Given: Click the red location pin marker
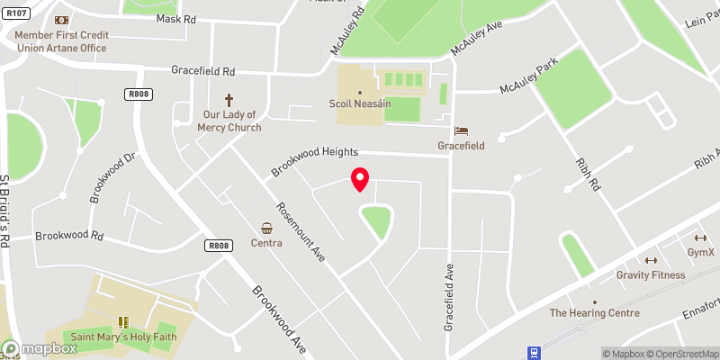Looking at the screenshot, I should click(360, 179).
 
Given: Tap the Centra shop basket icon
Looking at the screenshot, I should click(267, 229).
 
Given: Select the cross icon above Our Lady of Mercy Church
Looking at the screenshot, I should click(229, 100).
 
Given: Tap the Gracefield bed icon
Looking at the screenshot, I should click(461, 130).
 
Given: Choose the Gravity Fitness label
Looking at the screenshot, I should click(650, 274).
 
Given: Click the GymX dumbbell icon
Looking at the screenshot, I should click(698, 238).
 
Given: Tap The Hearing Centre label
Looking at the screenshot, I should click(594, 313).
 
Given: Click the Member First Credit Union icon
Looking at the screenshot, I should click(61, 20).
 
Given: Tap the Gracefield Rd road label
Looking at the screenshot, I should click(204, 70).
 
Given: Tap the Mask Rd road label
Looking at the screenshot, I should click(175, 18).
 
